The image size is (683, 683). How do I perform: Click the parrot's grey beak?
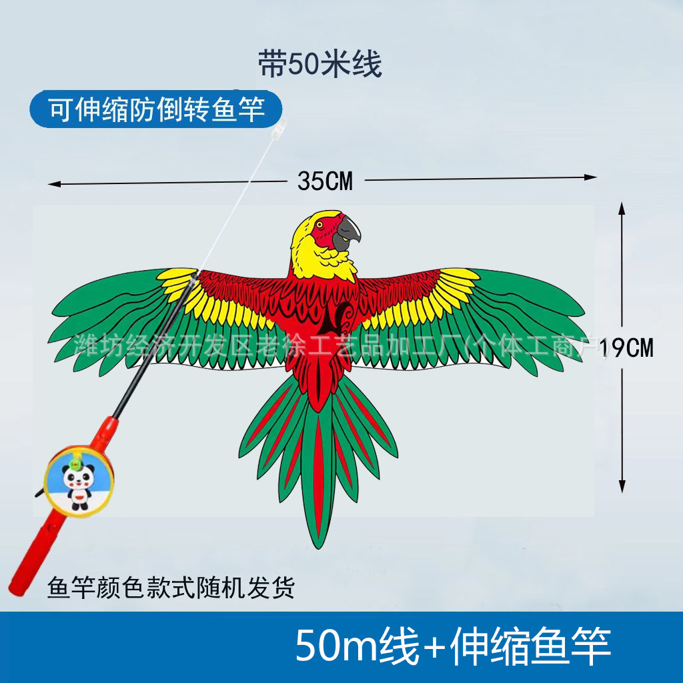tap(348, 233)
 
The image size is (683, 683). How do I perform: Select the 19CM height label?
tap(627, 348)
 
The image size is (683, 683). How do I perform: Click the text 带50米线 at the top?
tap(320, 66)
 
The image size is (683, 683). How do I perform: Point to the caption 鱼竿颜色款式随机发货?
tap(171, 588)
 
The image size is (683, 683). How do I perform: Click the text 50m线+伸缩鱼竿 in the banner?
tap(454, 644)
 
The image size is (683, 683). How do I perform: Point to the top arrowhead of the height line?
tap(622, 207)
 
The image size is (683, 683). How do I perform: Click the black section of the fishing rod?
tap(153, 347)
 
